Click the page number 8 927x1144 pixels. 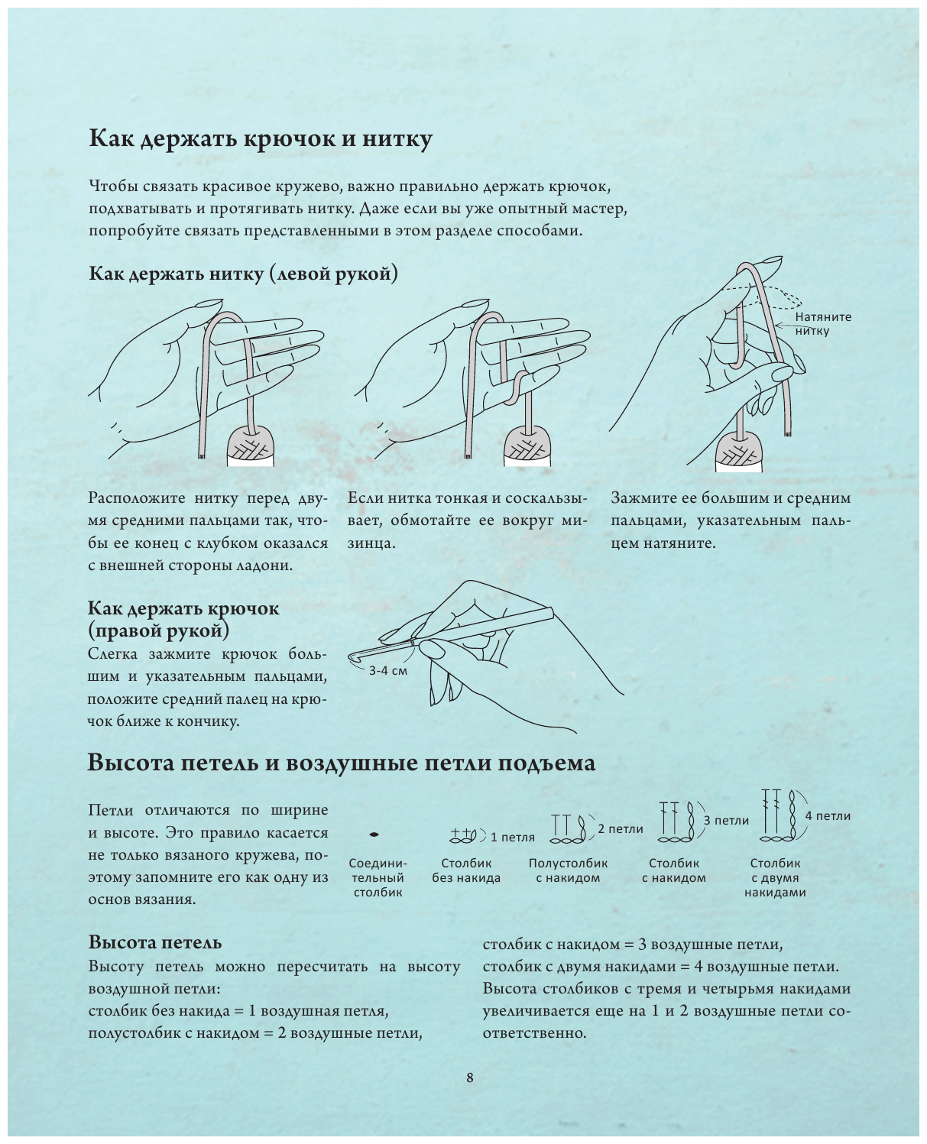click(x=469, y=1078)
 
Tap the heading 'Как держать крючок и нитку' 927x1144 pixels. click(x=261, y=138)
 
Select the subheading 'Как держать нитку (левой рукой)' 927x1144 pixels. click(x=243, y=274)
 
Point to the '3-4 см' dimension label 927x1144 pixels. click(x=388, y=671)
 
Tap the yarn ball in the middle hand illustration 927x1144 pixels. click(x=528, y=446)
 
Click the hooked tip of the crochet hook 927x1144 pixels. click(x=355, y=656)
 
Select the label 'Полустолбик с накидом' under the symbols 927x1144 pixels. click(x=568, y=870)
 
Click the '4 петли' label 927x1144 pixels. click(x=828, y=815)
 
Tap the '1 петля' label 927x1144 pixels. click(x=512, y=837)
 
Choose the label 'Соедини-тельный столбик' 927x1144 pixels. click(x=378, y=877)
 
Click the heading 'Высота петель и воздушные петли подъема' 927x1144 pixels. click(x=341, y=763)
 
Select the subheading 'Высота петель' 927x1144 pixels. click(x=155, y=941)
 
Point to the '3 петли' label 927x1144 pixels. click(x=726, y=820)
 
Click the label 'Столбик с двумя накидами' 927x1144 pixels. click(x=775, y=877)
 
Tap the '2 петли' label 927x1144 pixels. click(x=620, y=828)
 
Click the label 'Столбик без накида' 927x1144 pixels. click(x=466, y=870)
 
